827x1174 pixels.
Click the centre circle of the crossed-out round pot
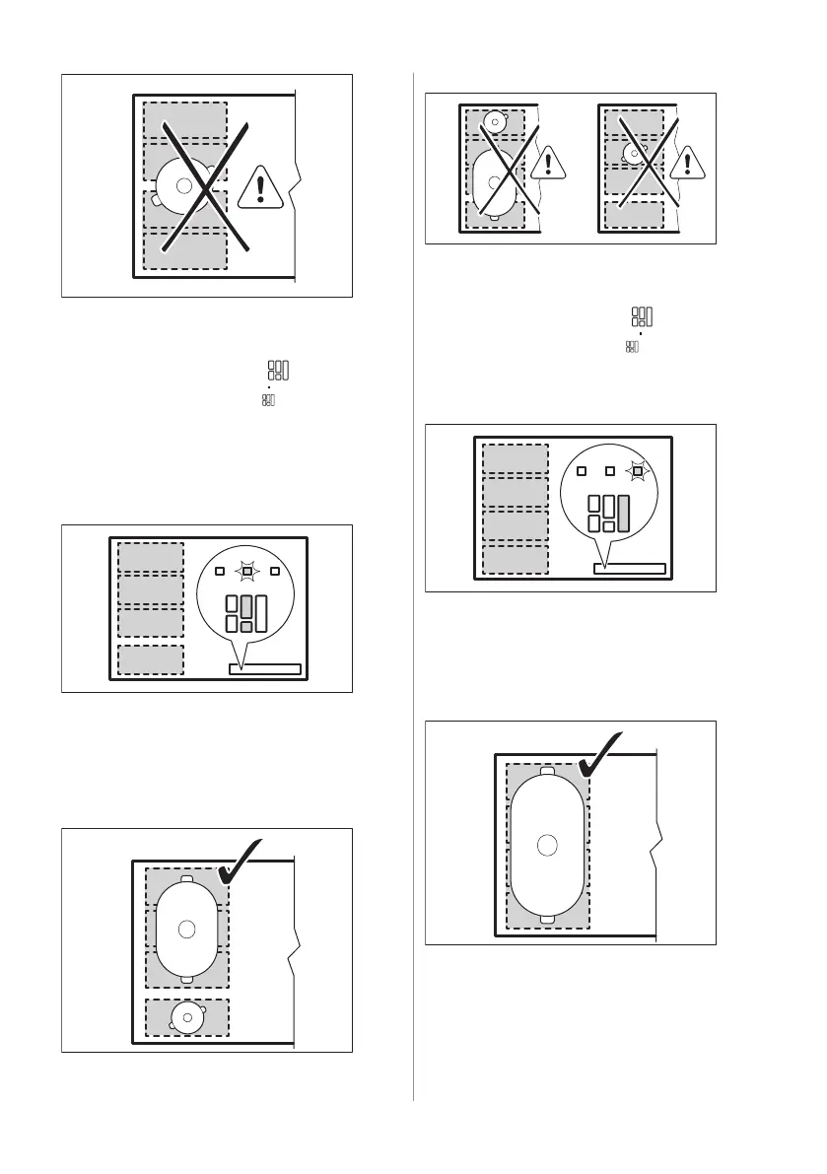pos(183,184)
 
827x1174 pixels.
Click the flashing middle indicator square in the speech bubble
pos(247,571)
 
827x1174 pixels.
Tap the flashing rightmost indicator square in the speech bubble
pos(638,471)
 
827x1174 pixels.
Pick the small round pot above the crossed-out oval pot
pos(495,122)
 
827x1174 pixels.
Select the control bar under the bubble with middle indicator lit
pos(264,669)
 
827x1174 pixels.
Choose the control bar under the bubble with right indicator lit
pos(630,569)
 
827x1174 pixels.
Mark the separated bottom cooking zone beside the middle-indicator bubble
pos(151,660)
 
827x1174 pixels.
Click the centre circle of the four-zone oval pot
pos(548,844)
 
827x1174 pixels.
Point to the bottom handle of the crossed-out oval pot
pos(496,217)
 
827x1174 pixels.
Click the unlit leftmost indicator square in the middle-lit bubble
pos(220,571)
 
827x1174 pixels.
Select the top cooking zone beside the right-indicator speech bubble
pos(515,458)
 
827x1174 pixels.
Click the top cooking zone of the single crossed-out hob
pos(185,120)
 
